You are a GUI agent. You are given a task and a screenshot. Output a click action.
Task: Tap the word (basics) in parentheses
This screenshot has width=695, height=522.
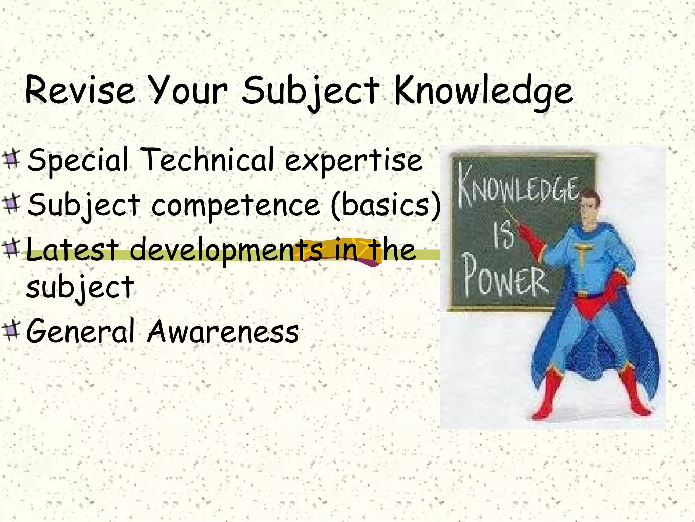point(386,205)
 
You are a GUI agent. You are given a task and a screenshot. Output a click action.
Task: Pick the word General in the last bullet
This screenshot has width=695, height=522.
point(81,331)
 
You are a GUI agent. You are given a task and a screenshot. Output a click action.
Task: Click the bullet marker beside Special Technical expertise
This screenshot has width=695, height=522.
point(12,159)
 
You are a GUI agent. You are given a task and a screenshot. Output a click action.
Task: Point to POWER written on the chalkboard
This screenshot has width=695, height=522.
point(506,279)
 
